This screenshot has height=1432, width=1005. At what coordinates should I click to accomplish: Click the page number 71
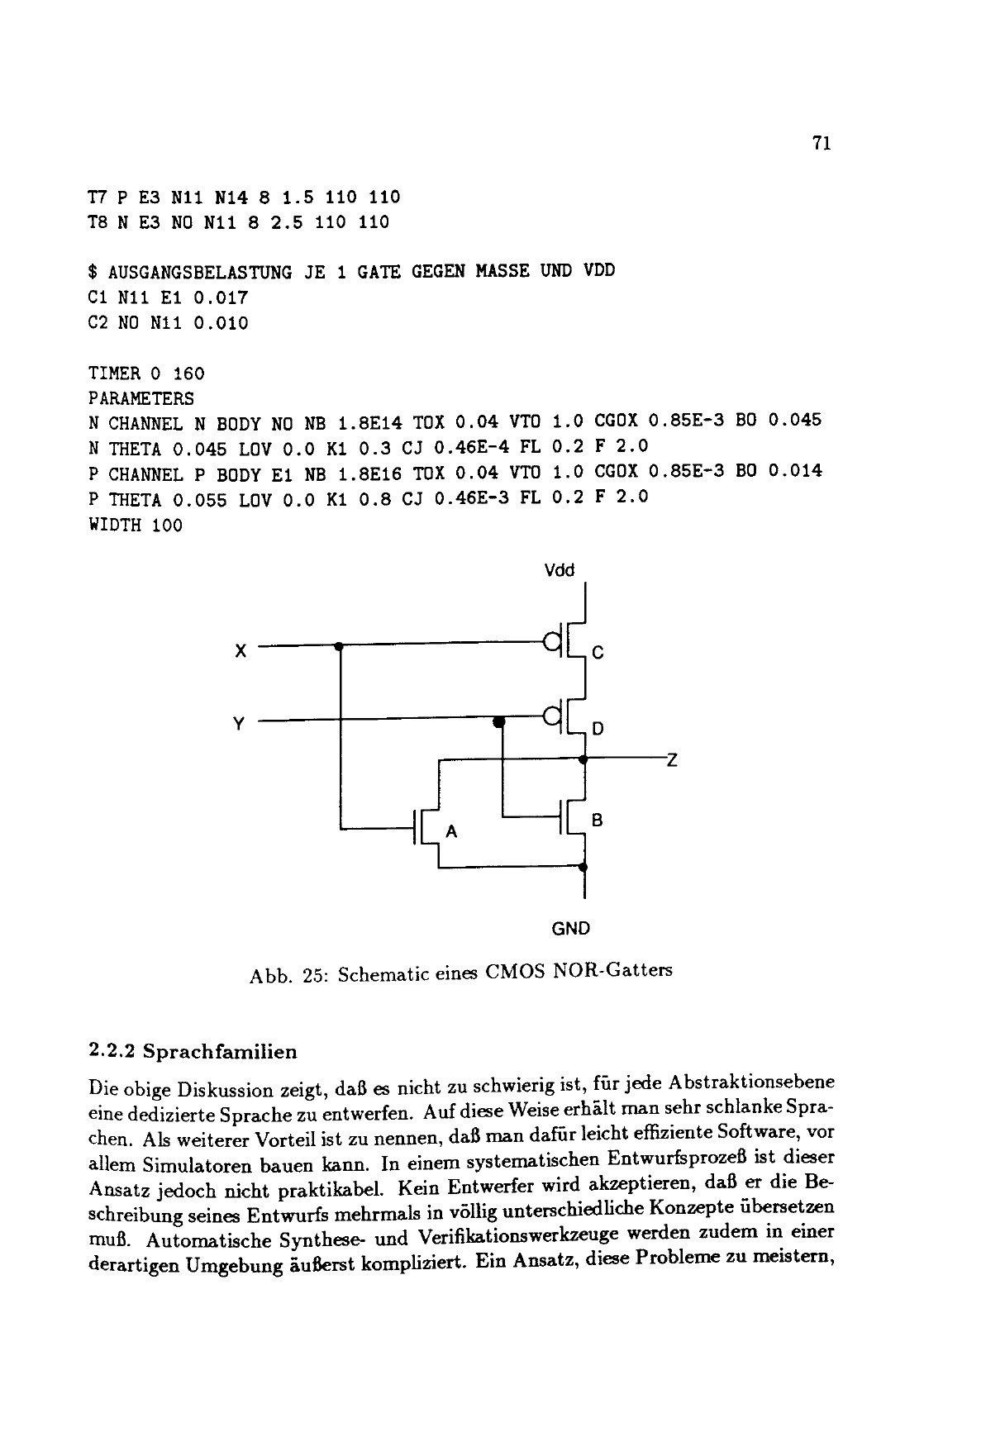pos(821,143)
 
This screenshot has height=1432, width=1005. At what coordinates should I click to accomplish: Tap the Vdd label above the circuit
pos(560,570)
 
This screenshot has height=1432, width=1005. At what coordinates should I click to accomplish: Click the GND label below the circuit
pos(570,928)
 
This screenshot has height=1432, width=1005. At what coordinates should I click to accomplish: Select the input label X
pos(240,651)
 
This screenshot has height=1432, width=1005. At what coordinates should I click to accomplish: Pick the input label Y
pos(239,725)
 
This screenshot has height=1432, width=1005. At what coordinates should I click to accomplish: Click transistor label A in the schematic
pos(451,832)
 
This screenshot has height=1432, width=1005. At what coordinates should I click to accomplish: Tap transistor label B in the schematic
pos(598,821)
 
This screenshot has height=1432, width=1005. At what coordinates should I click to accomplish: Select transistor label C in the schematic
pos(598,653)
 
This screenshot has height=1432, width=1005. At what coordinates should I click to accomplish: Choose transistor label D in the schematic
pos(598,729)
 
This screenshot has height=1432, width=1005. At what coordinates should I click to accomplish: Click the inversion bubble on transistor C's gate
pos(550,640)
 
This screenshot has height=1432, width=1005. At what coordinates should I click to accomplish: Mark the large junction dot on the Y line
pos(498,722)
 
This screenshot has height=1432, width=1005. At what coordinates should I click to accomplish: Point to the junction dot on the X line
pos(339,646)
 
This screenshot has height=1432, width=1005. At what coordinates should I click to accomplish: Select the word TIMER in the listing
pos(115,373)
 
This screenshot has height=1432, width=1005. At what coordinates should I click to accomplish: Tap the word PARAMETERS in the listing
pos(141,399)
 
